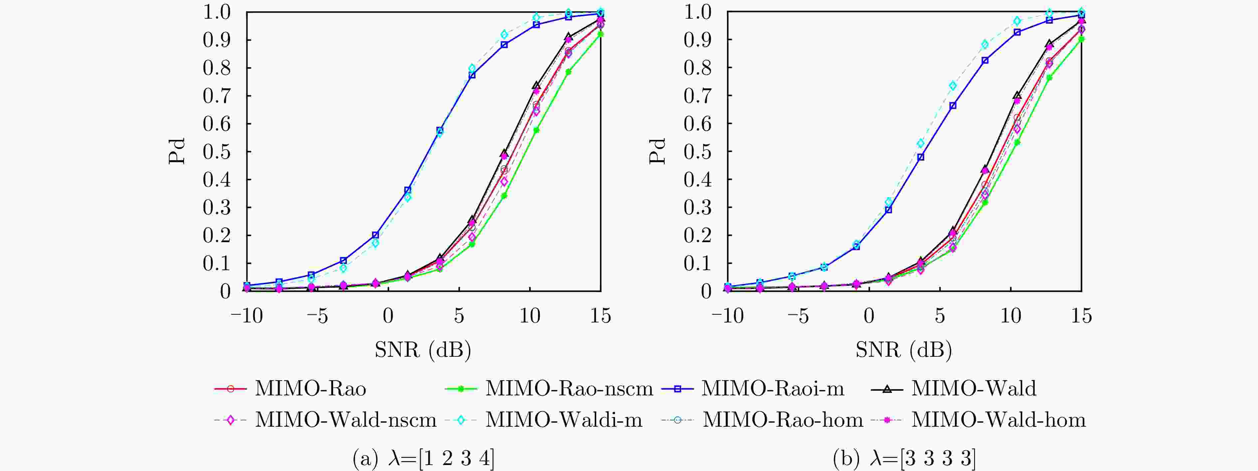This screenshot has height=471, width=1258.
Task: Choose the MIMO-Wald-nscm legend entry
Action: point(345,420)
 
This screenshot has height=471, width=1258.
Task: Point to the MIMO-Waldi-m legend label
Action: point(563,420)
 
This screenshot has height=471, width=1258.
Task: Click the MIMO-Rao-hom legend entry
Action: point(782,420)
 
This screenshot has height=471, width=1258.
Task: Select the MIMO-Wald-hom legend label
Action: point(998,420)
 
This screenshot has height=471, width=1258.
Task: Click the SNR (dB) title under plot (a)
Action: point(423,350)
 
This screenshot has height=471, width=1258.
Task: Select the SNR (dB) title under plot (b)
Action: point(904,350)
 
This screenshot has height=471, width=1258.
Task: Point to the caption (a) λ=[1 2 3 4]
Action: point(423,459)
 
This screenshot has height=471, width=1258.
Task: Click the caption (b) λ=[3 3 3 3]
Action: point(904,459)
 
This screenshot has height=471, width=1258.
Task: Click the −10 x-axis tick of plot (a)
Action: point(247,316)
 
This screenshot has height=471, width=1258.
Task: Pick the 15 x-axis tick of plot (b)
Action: point(1081,316)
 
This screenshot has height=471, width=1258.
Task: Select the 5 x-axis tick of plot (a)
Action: point(459,316)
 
